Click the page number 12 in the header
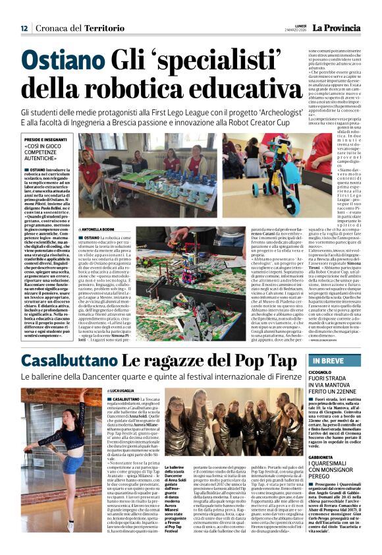tap(24, 28)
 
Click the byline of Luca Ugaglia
tap(123, 392)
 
